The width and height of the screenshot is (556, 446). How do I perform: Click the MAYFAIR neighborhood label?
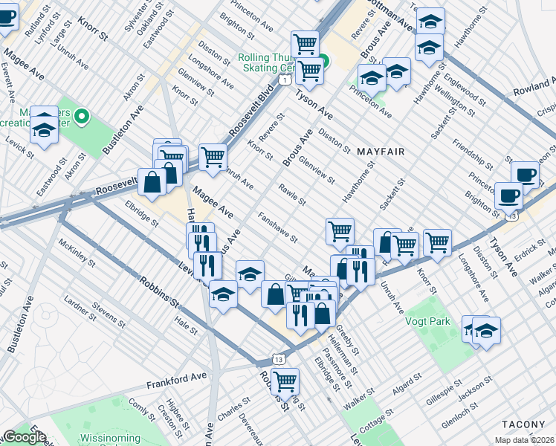(x=380, y=152)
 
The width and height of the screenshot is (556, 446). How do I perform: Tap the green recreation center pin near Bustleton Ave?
(x=83, y=117)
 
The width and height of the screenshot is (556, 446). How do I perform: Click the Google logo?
(x=25, y=437)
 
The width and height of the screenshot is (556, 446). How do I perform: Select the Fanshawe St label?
(x=278, y=229)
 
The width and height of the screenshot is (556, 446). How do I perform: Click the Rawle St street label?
(x=292, y=195)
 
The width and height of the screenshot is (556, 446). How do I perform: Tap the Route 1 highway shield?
(x=285, y=78)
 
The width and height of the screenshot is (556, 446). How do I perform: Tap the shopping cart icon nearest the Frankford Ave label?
(x=285, y=381)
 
